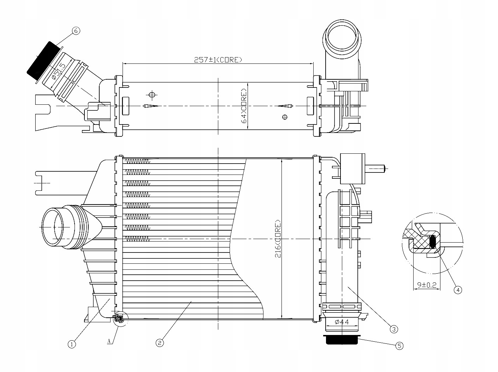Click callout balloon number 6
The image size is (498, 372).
pyautogui.click(x=75, y=31)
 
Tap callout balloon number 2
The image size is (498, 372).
pyautogui.click(x=160, y=342)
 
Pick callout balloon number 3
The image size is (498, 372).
pyautogui.click(x=394, y=329)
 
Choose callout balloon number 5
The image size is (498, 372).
pyautogui.click(x=399, y=346)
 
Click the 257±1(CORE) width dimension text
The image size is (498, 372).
pyautogui.click(x=218, y=60)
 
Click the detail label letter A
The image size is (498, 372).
pyautogui.click(x=109, y=341)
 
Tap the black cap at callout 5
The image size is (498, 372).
pyautogui.click(x=342, y=340)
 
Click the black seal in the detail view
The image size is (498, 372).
pyautogui.click(x=433, y=242)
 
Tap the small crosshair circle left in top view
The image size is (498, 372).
pyautogui.click(x=152, y=95)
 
